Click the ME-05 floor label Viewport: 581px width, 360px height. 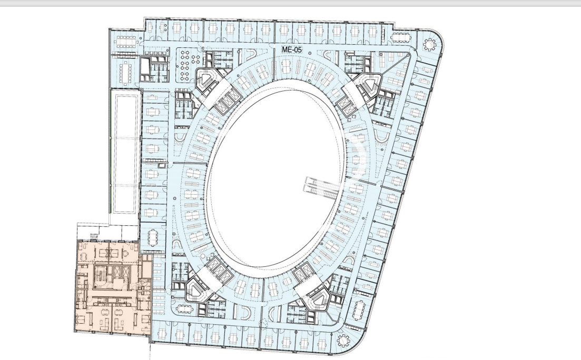click(292, 49)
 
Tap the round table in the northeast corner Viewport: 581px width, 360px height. click(429, 45)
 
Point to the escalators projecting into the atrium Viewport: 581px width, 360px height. click(322, 184)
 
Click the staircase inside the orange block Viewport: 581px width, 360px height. click(99, 275)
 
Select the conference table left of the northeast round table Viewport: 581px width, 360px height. click(400, 38)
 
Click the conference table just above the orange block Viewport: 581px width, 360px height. click(153, 236)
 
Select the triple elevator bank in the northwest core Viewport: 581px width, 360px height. click(225, 98)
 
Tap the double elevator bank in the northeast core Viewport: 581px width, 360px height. click(346, 103)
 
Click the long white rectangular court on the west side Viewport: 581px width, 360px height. click(125, 153)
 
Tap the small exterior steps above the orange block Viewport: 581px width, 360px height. click(94, 236)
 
